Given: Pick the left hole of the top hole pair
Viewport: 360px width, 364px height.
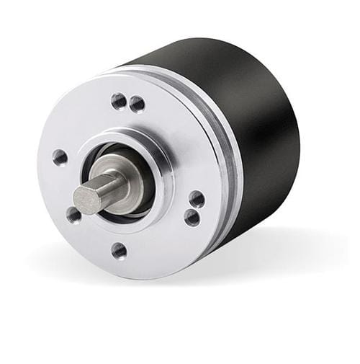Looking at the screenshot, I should click(119, 100).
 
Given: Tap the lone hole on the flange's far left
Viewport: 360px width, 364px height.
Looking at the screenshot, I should click(60, 157).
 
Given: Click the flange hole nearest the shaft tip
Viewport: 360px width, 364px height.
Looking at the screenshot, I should click(73, 214).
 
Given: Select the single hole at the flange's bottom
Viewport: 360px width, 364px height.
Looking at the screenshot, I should click(120, 250).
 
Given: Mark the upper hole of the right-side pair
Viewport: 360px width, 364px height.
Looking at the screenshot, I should click(197, 199).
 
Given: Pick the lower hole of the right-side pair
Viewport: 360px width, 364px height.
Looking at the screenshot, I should click(192, 217).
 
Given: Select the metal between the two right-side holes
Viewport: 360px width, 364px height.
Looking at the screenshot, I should click(194, 208).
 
